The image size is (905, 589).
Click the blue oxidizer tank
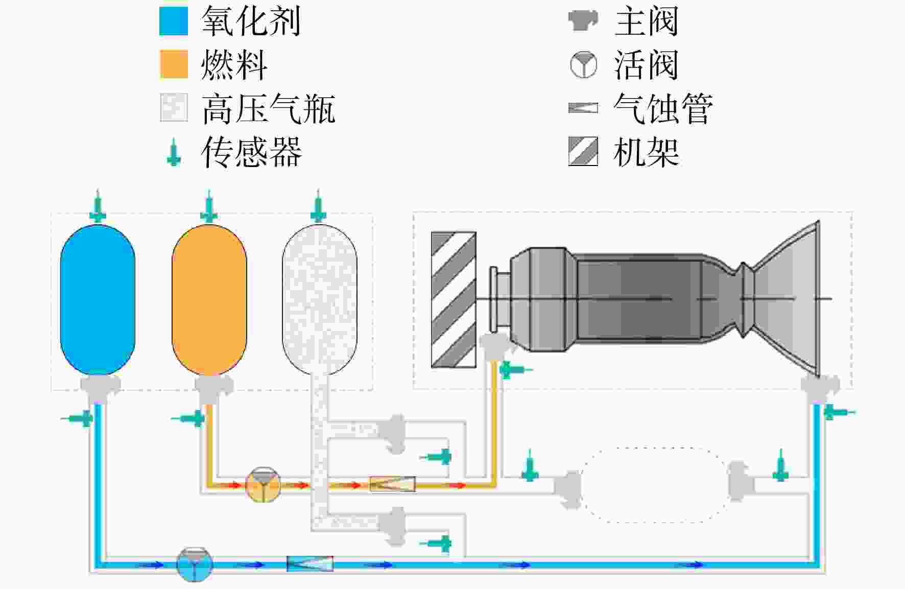coord(98,300)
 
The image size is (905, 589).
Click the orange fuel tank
coord(209,300)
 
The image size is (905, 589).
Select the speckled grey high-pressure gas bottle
coord(320,300)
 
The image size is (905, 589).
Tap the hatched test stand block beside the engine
coord(454,300)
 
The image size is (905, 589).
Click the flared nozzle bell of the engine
coord(787,299)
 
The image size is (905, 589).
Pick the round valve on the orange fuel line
coord(263,484)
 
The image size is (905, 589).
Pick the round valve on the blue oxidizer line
coord(194,564)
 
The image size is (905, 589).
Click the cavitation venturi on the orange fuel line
coord(392,484)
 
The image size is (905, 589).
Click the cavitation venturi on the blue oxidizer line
coord(310,564)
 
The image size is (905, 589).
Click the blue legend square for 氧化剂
coord(174,21)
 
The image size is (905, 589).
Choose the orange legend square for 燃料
coord(174,64)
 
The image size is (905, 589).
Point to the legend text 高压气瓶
coord(269,108)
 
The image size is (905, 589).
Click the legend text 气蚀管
coord(663,108)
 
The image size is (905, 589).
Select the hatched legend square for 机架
coord(583,151)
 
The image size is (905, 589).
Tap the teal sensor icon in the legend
coord(174,152)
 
